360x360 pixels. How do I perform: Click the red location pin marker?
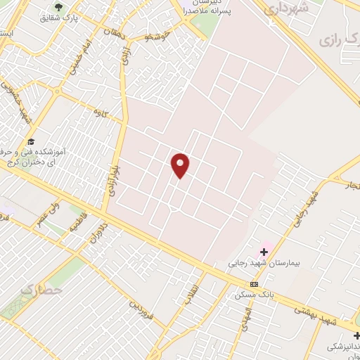tap(181, 165)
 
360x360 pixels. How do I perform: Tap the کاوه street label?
tap(99, 111)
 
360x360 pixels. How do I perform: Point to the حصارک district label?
tap(41, 289)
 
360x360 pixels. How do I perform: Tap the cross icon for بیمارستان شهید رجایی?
tap(264, 252)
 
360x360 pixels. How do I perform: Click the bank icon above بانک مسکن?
tap(254, 284)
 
